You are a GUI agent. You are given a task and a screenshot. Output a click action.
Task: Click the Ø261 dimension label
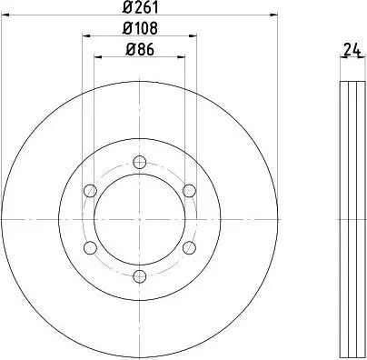[x=141, y=7]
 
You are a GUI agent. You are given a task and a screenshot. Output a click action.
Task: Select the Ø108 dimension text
[x=141, y=28]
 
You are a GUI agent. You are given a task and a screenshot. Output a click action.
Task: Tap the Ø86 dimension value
[x=140, y=49]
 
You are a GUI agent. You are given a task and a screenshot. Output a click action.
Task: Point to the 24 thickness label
[x=352, y=50]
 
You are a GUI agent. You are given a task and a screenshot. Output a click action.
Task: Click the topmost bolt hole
[x=140, y=162]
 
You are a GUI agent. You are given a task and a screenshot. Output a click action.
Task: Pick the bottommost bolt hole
[x=140, y=275]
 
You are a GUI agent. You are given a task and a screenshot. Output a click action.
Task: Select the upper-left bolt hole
[x=90, y=191]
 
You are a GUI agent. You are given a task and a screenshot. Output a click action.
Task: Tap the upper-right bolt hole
[x=189, y=191]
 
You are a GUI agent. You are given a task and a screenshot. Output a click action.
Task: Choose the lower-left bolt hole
[x=90, y=247]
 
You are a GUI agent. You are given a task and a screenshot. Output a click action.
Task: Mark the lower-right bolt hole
[x=189, y=247]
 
